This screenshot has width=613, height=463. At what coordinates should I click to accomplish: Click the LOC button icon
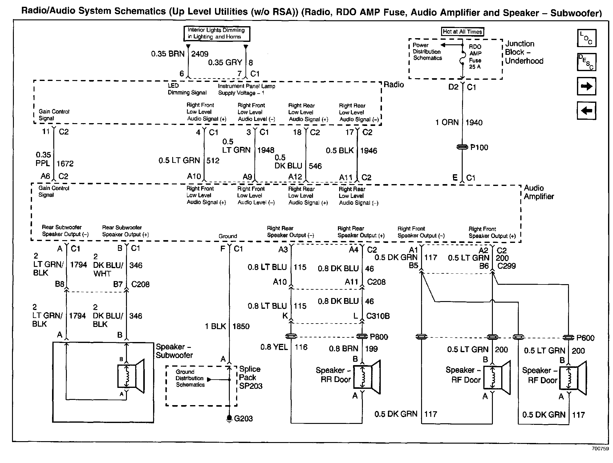[586, 38]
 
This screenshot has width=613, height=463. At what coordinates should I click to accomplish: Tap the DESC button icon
[586, 62]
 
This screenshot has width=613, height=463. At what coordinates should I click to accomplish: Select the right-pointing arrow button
[586, 86]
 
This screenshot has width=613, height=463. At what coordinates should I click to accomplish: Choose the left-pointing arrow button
[586, 111]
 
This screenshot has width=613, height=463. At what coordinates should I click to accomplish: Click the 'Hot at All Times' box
[462, 32]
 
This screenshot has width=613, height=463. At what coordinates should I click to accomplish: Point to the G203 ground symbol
[229, 418]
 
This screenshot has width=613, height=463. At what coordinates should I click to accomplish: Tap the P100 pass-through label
[479, 147]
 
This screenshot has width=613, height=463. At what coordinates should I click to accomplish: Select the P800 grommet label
[379, 337]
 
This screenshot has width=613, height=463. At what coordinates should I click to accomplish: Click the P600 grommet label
[585, 338]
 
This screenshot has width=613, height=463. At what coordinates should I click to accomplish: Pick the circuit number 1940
[474, 123]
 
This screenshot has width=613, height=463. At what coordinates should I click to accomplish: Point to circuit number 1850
[241, 326]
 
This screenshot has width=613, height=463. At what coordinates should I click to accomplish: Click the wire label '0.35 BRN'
[168, 54]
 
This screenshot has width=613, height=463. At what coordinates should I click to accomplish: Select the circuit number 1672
[65, 163]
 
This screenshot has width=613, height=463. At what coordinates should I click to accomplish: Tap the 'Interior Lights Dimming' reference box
[216, 34]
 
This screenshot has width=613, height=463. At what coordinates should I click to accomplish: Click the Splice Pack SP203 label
[250, 377]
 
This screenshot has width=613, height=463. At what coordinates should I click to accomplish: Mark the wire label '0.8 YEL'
[274, 347]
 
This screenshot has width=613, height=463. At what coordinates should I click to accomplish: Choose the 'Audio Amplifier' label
[538, 192]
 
